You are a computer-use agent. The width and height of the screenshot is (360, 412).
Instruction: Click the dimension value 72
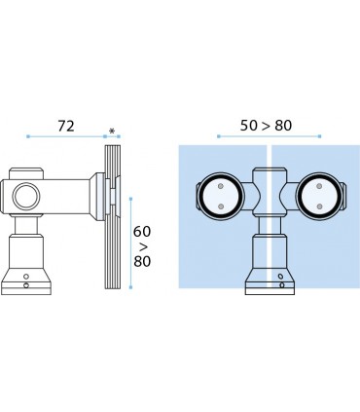click(66, 126)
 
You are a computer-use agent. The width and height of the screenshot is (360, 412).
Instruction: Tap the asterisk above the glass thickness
click(112, 131)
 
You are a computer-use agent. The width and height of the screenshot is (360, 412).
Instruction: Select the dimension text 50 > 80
click(266, 126)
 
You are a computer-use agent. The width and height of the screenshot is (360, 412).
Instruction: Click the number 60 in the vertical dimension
click(142, 232)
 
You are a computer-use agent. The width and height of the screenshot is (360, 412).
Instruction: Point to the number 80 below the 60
click(142, 261)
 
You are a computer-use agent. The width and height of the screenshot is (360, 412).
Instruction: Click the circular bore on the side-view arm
click(25, 196)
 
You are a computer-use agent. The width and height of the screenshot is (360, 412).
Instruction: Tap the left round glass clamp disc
click(221, 196)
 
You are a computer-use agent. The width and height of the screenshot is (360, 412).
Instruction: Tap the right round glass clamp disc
click(319, 196)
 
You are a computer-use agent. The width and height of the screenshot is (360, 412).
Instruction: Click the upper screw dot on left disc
click(221, 186)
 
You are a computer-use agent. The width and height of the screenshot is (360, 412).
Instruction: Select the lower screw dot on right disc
click(319, 206)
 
